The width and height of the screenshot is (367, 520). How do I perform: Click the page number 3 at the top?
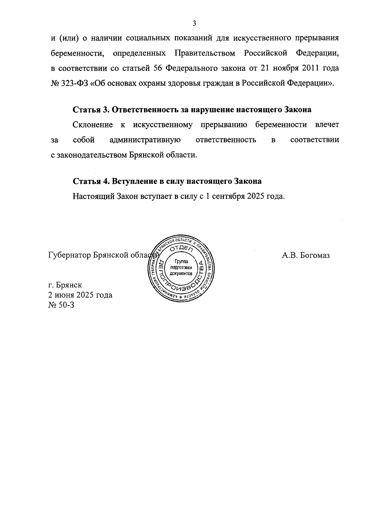[194, 23]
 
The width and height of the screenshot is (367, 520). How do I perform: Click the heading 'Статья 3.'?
[91, 110]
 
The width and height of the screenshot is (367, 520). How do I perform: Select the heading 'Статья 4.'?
[91, 181]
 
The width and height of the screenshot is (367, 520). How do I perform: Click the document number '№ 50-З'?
[61, 305]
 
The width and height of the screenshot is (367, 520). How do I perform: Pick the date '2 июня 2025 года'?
[80, 295]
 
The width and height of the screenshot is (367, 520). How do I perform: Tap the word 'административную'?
[145, 140]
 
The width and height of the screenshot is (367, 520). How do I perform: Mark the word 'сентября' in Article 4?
[229, 196]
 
